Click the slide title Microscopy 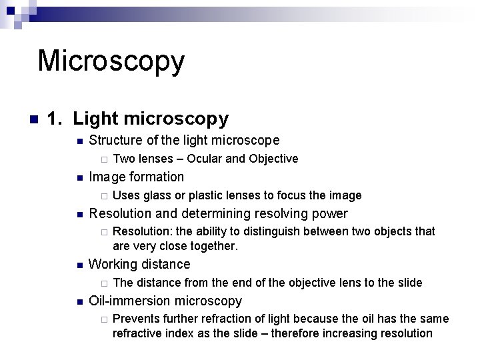tap(111, 61)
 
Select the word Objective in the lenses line tap(273, 159)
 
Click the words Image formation tap(136, 177)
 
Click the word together tap(213, 246)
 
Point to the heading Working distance tap(139, 265)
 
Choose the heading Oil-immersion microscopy tap(165, 301)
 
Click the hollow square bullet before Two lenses tap(103, 159)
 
